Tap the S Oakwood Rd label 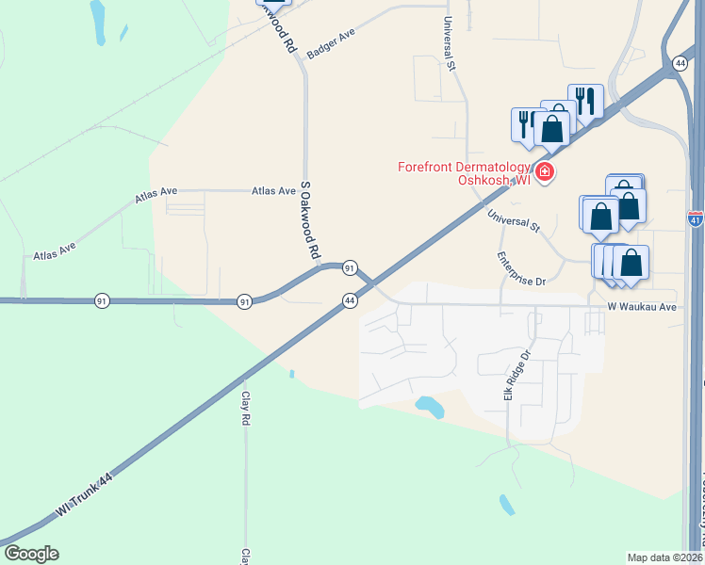310,221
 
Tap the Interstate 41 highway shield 695,219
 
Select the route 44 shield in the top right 680,62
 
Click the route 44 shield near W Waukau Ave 349,299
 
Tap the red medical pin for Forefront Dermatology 545,171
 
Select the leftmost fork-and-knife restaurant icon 526,122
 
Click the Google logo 31,554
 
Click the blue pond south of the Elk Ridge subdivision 430,407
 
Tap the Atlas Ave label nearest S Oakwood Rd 273,190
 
